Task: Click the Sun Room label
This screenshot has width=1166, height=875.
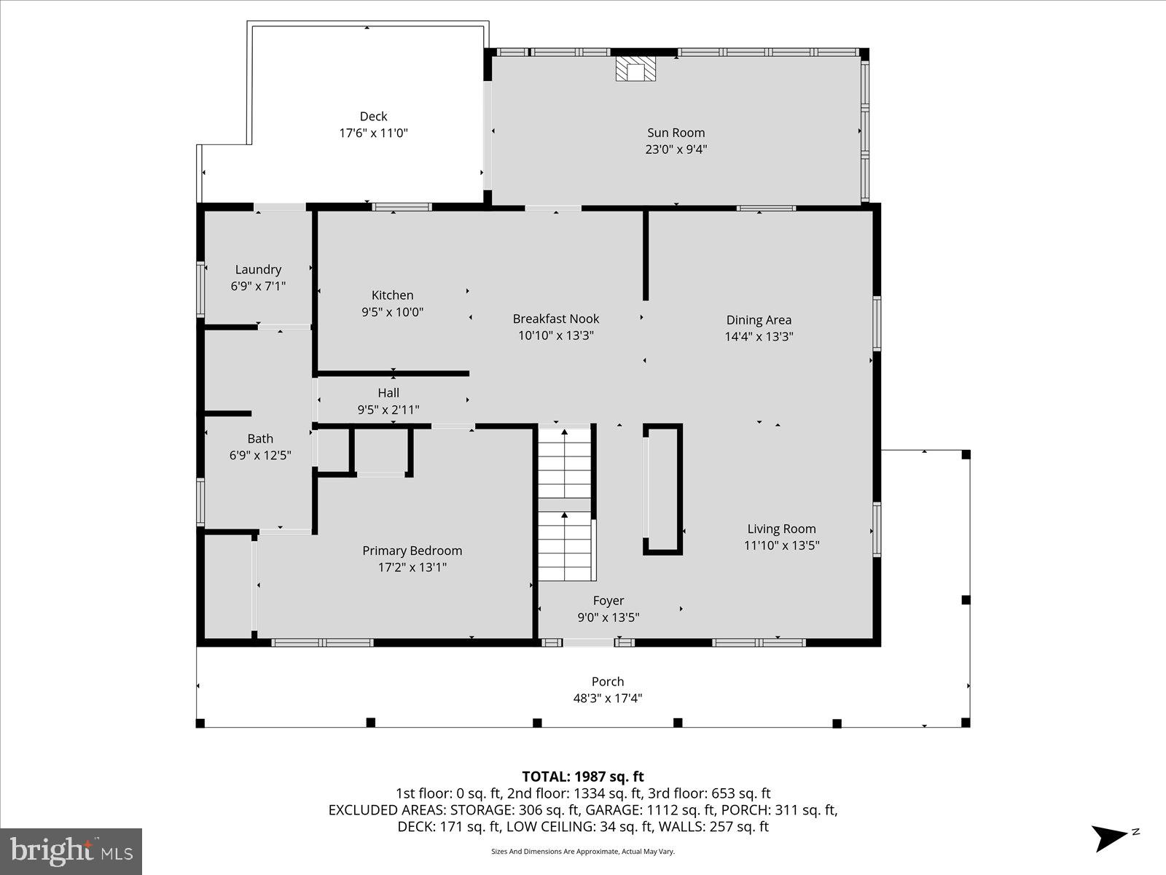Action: [x=676, y=133]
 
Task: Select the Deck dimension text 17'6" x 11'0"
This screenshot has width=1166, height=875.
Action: [x=373, y=133]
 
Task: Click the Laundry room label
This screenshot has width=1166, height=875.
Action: [x=258, y=270]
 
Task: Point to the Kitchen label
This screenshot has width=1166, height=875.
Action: [x=392, y=295]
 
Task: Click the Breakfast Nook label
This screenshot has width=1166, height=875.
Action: [x=555, y=319]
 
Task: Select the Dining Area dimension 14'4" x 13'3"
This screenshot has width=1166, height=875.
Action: [x=759, y=337]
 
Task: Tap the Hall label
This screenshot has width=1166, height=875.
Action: [x=388, y=393]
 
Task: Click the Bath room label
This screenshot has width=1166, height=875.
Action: [x=260, y=439]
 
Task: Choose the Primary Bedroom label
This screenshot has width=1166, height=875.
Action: [x=412, y=551]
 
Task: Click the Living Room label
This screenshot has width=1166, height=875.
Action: [x=781, y=529]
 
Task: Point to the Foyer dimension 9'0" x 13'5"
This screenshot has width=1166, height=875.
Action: [x=608, y=618]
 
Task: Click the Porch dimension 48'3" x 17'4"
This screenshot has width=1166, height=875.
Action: [x=607, y=699]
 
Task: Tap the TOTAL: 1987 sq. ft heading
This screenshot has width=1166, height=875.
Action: [x=582, y=777]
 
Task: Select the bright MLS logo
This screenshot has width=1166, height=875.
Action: [x=71, y=851]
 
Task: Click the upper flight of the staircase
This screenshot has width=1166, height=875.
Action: [x=564, y=463]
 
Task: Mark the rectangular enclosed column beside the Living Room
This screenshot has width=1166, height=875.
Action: [x=662, y=489]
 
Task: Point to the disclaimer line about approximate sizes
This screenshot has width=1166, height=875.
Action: [x=582, y=852]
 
